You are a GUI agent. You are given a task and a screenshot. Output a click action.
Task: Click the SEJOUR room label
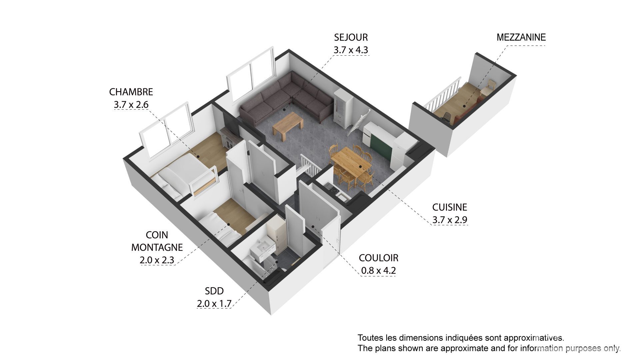tap(351, 37)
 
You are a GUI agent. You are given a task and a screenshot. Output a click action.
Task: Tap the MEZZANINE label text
tap(521, 37)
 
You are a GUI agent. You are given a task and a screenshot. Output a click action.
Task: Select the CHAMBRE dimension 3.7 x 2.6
tap(131, 105)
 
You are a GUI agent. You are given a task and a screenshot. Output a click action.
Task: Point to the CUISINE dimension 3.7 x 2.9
tap(450, 220)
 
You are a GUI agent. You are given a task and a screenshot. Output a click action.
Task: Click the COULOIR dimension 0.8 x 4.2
tap(378, 271)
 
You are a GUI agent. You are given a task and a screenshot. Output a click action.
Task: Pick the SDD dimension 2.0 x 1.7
tap(214, 304)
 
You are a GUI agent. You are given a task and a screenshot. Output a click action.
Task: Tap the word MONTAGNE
tap(157, 247)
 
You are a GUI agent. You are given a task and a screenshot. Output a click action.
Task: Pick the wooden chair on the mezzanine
tap(488, 87)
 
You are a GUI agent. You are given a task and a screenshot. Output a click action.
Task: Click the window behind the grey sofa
tap(251, 74)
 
